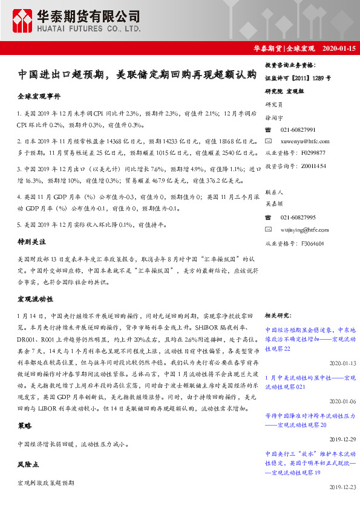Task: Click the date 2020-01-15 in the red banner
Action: pos(339,48)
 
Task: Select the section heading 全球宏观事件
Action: pos(39,97)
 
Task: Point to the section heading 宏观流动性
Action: pos(35,299)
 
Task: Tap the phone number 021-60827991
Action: pos(298,130)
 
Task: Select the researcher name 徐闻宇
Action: pos(275,118)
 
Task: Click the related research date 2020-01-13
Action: pos(343,363)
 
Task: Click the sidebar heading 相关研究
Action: pos(278,316)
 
